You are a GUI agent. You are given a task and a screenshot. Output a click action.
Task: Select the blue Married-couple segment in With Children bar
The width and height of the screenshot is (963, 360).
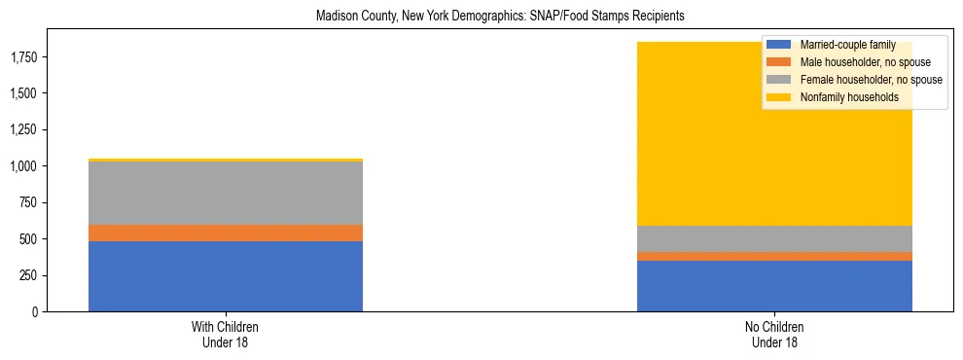click(x=226, y=276)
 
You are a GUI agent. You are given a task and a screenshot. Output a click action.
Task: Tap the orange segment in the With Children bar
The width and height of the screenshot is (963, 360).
click(x=226, y=233)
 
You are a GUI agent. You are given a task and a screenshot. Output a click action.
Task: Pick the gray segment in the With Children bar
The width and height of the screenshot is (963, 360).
click(x=226, y=193)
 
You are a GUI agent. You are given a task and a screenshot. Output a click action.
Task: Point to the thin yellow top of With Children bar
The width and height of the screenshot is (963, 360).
click(x=226, y=160)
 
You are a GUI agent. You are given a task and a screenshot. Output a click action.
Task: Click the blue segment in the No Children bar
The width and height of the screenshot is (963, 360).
click(x=774, y=286)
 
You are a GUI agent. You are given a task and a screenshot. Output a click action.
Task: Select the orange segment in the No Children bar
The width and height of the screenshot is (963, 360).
click(x=774, y=256)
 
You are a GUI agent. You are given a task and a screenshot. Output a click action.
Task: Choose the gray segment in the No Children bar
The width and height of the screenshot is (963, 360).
click(x=774, y=238)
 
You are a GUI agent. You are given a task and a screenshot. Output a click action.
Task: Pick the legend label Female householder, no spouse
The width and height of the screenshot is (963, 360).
click(x=869, y=80)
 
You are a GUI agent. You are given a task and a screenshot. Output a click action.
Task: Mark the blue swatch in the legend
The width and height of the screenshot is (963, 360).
click(x=779, y=45)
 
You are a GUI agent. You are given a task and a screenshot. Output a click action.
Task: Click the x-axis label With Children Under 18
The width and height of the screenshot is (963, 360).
click(x=226, y=334)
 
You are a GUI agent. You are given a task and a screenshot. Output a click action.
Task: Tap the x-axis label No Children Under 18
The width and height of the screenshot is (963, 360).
click(x=774, y=334)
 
